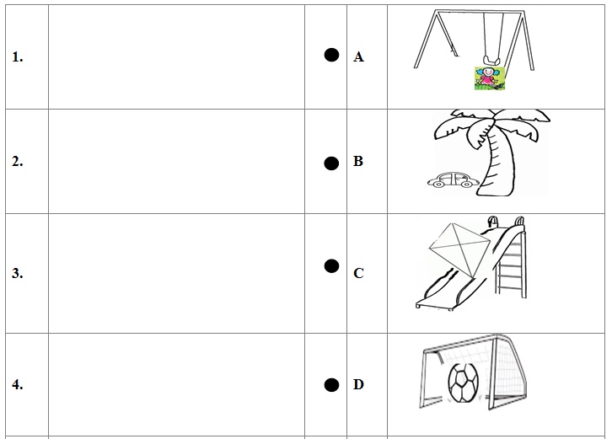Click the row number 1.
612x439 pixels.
tap(18, 57)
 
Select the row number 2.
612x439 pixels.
tap(18, 161)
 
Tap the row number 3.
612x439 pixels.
tap(18, 273)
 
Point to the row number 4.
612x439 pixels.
tap(18, 385)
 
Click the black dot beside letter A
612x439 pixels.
tap(331, 55)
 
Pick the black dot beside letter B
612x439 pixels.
tap(331, 163)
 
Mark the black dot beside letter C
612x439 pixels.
tap(331, 266)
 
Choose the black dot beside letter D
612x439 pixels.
tap(331, 385)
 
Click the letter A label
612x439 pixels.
tap(358, 57)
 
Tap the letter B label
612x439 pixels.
tap(358, 161)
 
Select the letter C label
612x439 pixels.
tap(358, 273)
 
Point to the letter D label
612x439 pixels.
tap(358, 385)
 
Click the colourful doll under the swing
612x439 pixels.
tap(490, 78)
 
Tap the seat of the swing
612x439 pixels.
tap(491, 61)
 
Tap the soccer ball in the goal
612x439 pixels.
tap(463, 383)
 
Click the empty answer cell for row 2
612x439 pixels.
tap(176, 162)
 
